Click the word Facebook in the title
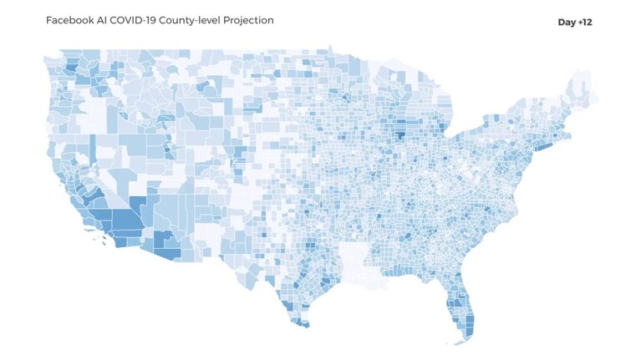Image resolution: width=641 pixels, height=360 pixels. pos(70,20)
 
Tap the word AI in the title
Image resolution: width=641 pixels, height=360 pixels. pos(102,20)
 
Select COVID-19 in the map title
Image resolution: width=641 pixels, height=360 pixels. pos(133,20)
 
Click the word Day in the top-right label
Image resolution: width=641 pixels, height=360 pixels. pos(567,23)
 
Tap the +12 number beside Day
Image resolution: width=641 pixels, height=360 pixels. pos(585,22)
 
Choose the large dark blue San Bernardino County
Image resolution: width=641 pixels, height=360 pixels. pos(128,220)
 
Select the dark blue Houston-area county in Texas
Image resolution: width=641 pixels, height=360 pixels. pos(326,281)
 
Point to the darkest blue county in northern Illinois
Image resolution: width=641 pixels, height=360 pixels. pos(400,135)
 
